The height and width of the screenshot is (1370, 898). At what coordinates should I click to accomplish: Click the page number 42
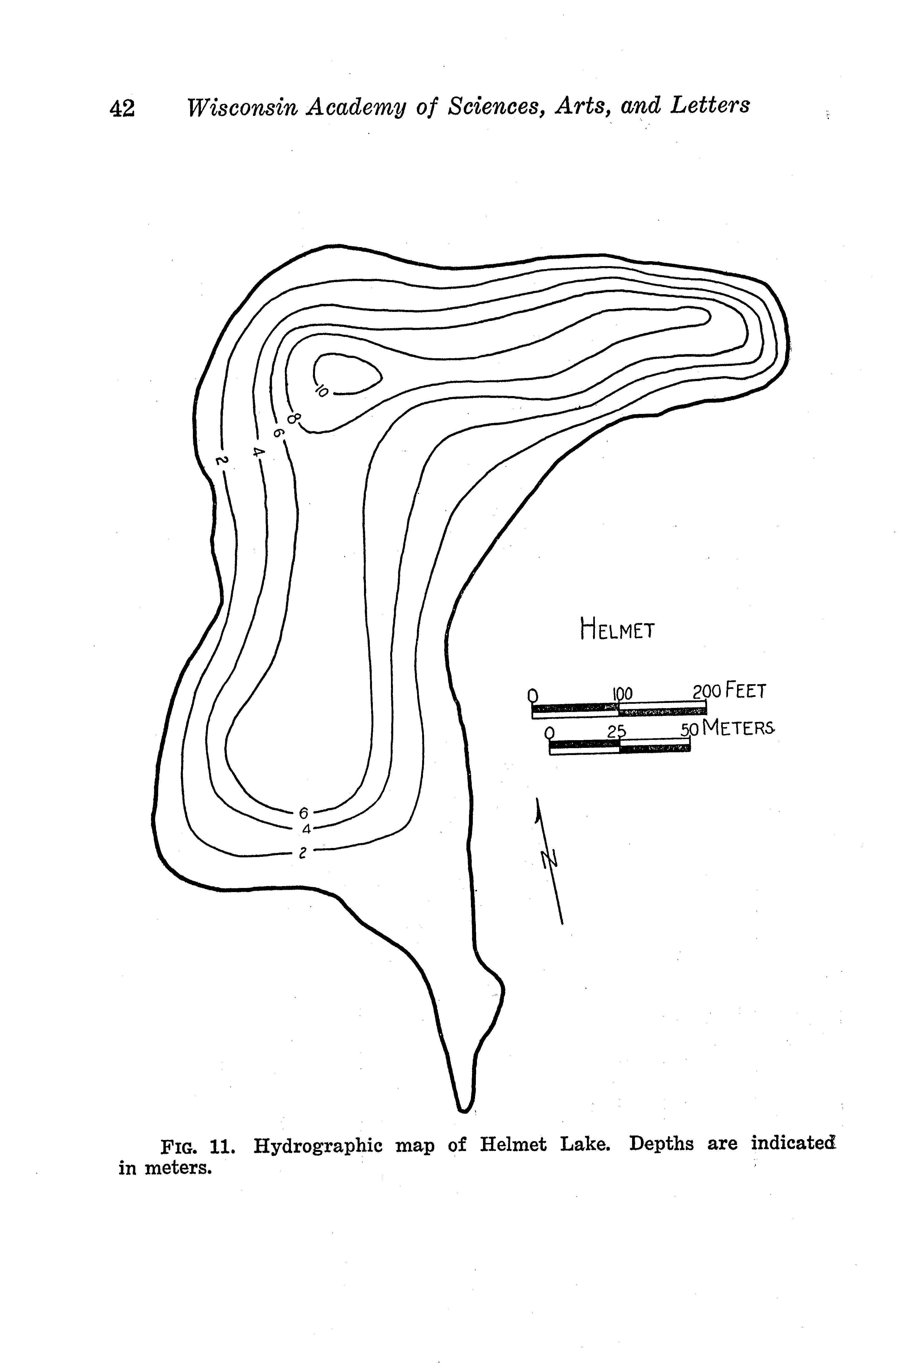(122, 108)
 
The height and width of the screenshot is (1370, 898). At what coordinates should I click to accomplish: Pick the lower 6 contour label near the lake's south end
(304, 813)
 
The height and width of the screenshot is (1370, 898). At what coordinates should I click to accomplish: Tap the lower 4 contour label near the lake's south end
(306, 829)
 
